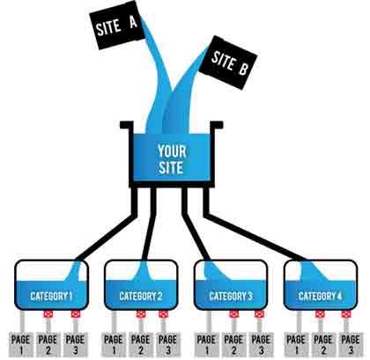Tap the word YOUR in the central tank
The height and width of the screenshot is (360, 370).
point(171,149)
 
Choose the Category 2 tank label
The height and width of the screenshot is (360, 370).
point(140,296)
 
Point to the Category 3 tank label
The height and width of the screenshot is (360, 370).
point(230,296)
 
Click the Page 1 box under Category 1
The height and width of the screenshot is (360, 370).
point(22,342)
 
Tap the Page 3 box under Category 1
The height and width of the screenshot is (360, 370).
point(77,342)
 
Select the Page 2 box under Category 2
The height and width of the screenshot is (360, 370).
point(140,342)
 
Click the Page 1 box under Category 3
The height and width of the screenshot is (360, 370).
point(205,342)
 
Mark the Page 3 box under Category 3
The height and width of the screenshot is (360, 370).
point(259,342)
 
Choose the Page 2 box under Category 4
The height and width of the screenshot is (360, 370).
point(322,342)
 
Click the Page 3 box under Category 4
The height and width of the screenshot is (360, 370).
point(350,342)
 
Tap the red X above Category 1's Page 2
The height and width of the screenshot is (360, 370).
point(49,314)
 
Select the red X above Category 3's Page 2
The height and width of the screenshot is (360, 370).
point(233,314)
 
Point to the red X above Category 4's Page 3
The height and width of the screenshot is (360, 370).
point(350,314)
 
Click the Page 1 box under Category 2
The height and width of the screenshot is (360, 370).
point(113,342)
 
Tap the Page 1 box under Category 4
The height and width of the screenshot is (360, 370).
point(296,342)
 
